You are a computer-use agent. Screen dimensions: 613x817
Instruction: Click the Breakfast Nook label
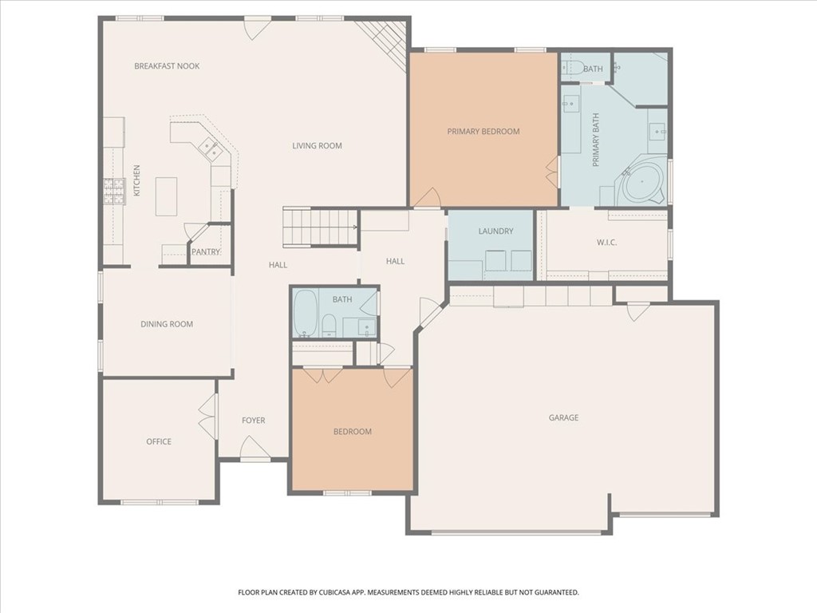[x=167, y=66]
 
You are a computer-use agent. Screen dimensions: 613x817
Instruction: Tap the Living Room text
[x=317, y=146]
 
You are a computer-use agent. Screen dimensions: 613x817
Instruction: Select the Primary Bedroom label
[x=483, y=132]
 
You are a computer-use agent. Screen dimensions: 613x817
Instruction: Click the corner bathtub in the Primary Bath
[x=642, y=184]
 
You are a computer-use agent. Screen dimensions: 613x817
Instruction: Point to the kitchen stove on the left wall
[x=113, y=191]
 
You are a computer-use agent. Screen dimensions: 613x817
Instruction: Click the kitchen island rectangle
[x=167, y=196]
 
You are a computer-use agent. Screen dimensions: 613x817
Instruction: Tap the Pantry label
[x=205, y=252]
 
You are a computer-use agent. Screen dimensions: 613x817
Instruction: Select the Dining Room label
[x=167, y=324]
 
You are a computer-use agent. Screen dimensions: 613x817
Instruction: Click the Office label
[x=159, y=441]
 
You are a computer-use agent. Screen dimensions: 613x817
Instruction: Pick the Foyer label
[x=254, y=421]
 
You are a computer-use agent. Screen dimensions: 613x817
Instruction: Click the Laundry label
[x=495, y=231]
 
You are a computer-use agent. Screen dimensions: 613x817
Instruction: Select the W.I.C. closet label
[x=607, y=243]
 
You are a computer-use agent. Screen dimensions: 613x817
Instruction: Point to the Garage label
[x=563, y=417]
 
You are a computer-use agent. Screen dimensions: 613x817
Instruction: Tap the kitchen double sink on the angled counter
[x=210, y=148]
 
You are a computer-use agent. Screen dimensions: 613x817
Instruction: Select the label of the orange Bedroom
[x=352, y=432]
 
